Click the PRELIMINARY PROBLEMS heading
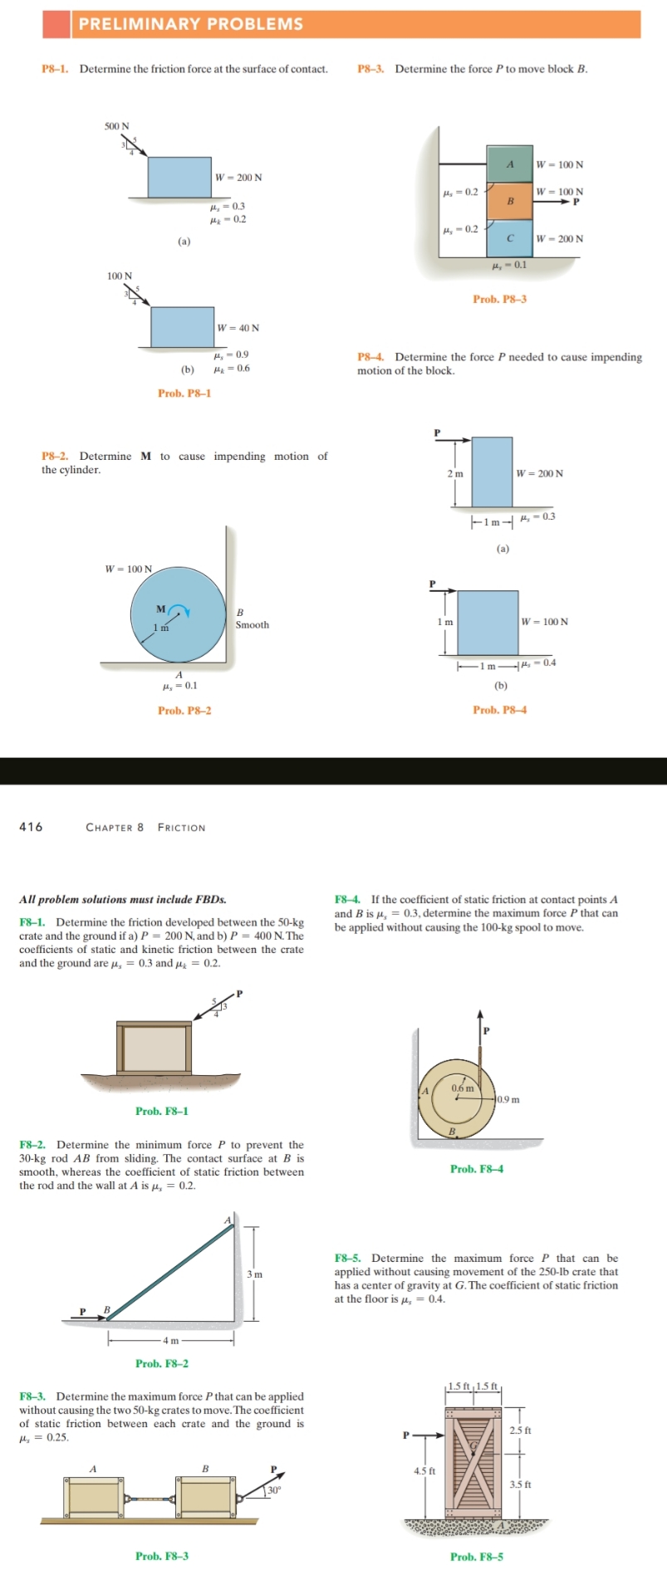tap(191, 24)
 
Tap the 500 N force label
tap(116, 126)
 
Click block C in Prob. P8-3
tap(509, 238)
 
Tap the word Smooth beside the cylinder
tap(252, 625)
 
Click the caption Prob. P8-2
tap(184, 711)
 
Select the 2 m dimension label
tap(455, 473)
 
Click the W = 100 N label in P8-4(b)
tap(545, 622)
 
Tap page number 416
tap(31, 827)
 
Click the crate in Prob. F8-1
tap(154, 1048)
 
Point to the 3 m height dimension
tap(254, 1274)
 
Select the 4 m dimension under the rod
tap(169, 1340)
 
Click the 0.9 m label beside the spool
tap(508, 1100)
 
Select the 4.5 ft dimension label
tap(424, 1471)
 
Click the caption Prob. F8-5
tap(476, 1557)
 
